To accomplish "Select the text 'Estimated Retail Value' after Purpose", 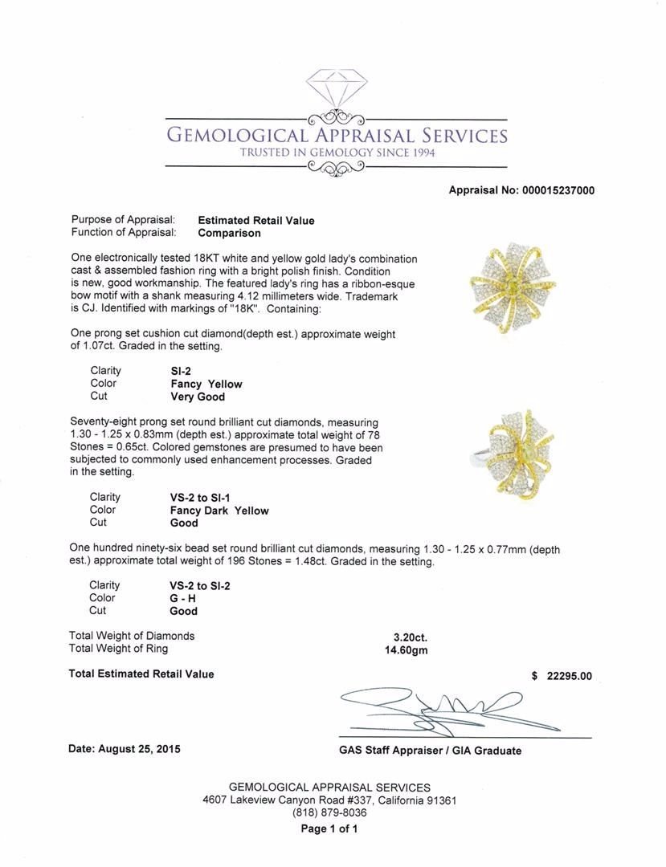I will click(x=256, y=220).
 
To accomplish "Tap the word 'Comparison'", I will click(x=229, y=233).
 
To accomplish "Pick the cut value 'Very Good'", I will click(x=198, y=397).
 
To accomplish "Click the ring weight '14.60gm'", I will click(x=407, y=649).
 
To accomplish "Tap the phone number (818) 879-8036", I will click(x=329, y=813).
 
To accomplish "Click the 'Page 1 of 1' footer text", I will click(x=329, y=828).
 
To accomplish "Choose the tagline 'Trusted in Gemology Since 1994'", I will click(x=337, y=153).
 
